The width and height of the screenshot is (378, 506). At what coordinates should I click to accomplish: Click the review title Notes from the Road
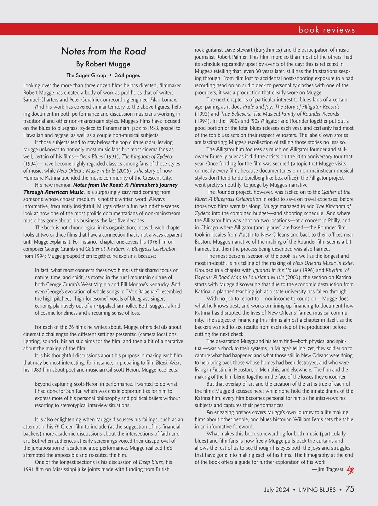click(104, 51)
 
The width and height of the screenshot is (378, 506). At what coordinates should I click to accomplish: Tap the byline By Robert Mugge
click(103, 64)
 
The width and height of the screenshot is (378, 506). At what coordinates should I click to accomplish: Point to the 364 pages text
click(127, 75)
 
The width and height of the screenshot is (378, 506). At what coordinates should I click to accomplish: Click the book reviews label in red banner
click(327, 30)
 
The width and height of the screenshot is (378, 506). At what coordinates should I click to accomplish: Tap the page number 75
click(350, 489)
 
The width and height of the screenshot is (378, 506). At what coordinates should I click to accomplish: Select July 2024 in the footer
click(277, 490)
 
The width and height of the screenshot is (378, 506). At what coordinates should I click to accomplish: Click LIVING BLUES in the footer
click(317, 490)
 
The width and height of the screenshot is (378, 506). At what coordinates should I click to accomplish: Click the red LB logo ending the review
click(350, 470)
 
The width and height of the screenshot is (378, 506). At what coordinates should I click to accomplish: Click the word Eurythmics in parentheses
click(267, 50)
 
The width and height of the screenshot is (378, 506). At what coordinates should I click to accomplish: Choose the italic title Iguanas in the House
click(276, 270)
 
